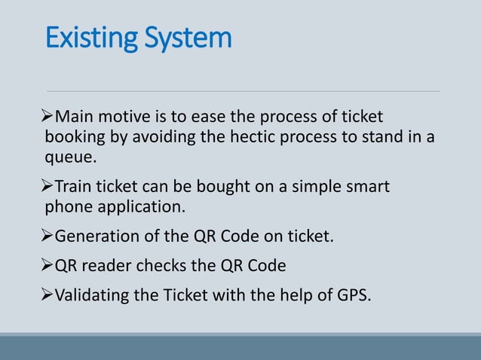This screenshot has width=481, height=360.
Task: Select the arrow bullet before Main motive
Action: tap(49, 117)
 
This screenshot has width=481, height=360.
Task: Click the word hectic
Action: tap(240, 138)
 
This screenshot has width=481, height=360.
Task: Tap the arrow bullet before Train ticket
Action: tap(49, 185)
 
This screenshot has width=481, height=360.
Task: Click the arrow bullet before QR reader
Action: tap(49, 266)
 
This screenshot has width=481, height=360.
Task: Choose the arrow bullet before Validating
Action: tap(49, 294)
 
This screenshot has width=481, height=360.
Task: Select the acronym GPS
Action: tap(354, 294)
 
